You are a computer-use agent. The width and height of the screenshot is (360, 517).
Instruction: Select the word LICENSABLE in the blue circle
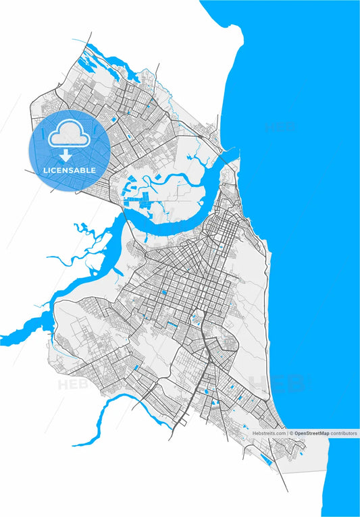70,170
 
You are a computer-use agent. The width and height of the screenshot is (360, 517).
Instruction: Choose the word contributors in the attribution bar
344,433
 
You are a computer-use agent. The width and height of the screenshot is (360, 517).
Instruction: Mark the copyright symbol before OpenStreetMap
292,433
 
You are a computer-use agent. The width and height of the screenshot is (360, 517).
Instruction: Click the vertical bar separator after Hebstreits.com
287,433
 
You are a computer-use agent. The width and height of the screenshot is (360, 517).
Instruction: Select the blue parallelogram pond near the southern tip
267,461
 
